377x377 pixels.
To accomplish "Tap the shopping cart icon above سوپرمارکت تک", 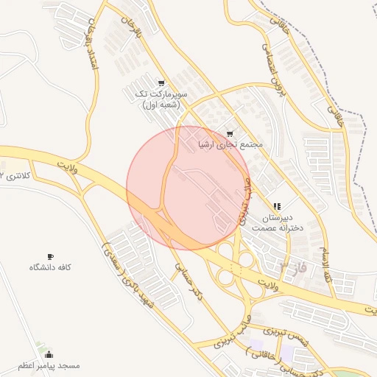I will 161,82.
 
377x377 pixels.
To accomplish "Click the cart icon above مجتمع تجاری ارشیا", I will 230,134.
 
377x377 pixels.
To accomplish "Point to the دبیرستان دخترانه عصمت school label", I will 276,223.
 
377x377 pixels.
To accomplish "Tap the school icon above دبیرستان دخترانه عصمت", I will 277,208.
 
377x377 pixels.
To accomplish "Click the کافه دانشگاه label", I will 49,267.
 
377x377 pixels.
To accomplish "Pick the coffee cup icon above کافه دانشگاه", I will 50,255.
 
